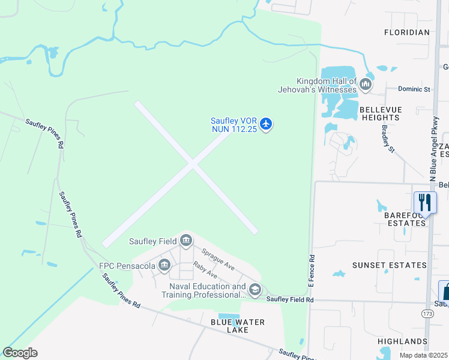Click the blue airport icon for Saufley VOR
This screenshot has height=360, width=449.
tap(267, 124)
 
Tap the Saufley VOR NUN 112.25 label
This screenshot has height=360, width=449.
tap(234, 124)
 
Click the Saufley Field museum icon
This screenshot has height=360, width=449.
tap(186, 241)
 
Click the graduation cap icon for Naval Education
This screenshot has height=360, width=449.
tap(255, 290)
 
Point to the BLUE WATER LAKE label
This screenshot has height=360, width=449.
tap(238, 326)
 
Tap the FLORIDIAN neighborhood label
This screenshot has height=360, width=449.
tap(407, 32)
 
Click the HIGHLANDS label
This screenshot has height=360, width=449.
tap(402, 341)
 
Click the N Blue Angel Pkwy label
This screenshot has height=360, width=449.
tap(435, 147)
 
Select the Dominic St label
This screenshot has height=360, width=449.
tap(414, 89)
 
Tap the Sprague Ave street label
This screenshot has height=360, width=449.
tap(217, 259)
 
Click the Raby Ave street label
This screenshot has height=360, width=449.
tap(205, 271)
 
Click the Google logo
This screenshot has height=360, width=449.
tap(20, 353)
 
